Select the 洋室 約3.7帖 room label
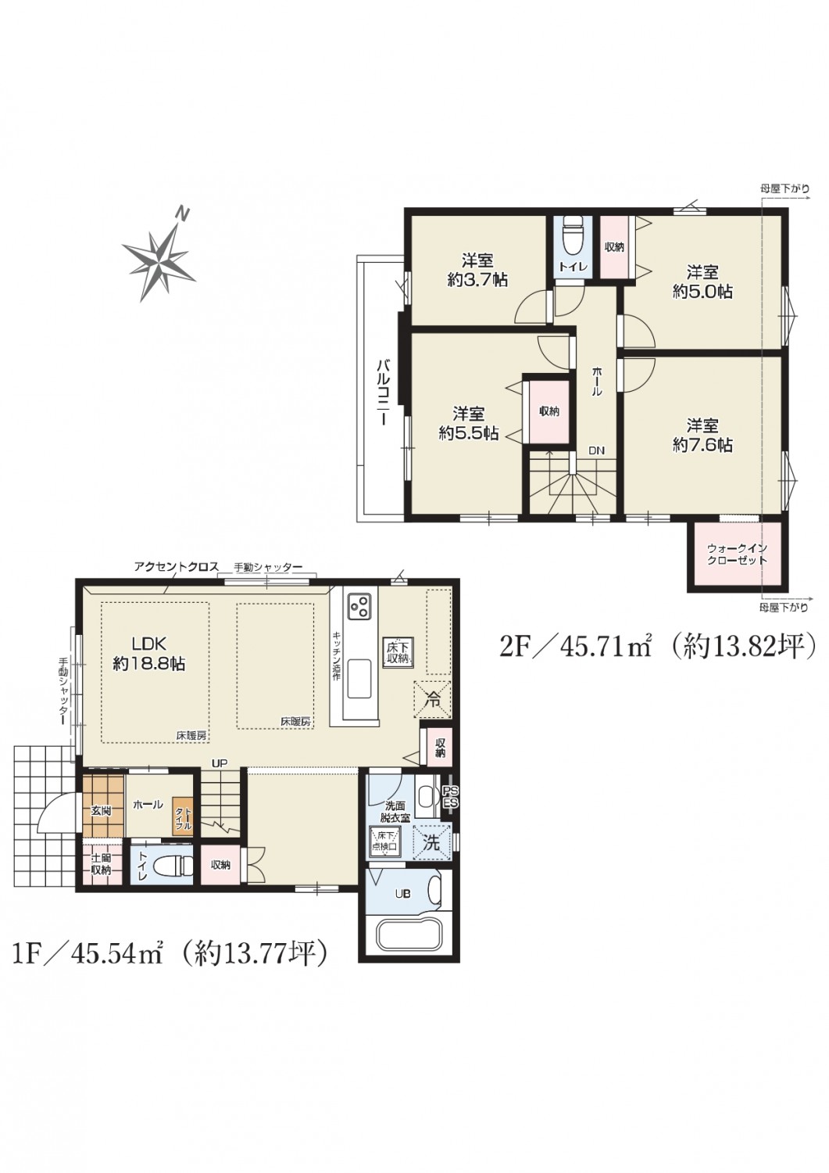pos(477,270)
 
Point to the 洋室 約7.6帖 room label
pos(702,435)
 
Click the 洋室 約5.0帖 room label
pos(702,282)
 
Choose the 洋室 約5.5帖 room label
pos(468,423)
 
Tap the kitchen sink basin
pos(359,678)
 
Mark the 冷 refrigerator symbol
pos(432,698)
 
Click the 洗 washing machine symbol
pos(432,841)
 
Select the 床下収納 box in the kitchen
pos(397,652)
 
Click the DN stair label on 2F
pos(596,450)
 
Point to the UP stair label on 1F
pos(220,763)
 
